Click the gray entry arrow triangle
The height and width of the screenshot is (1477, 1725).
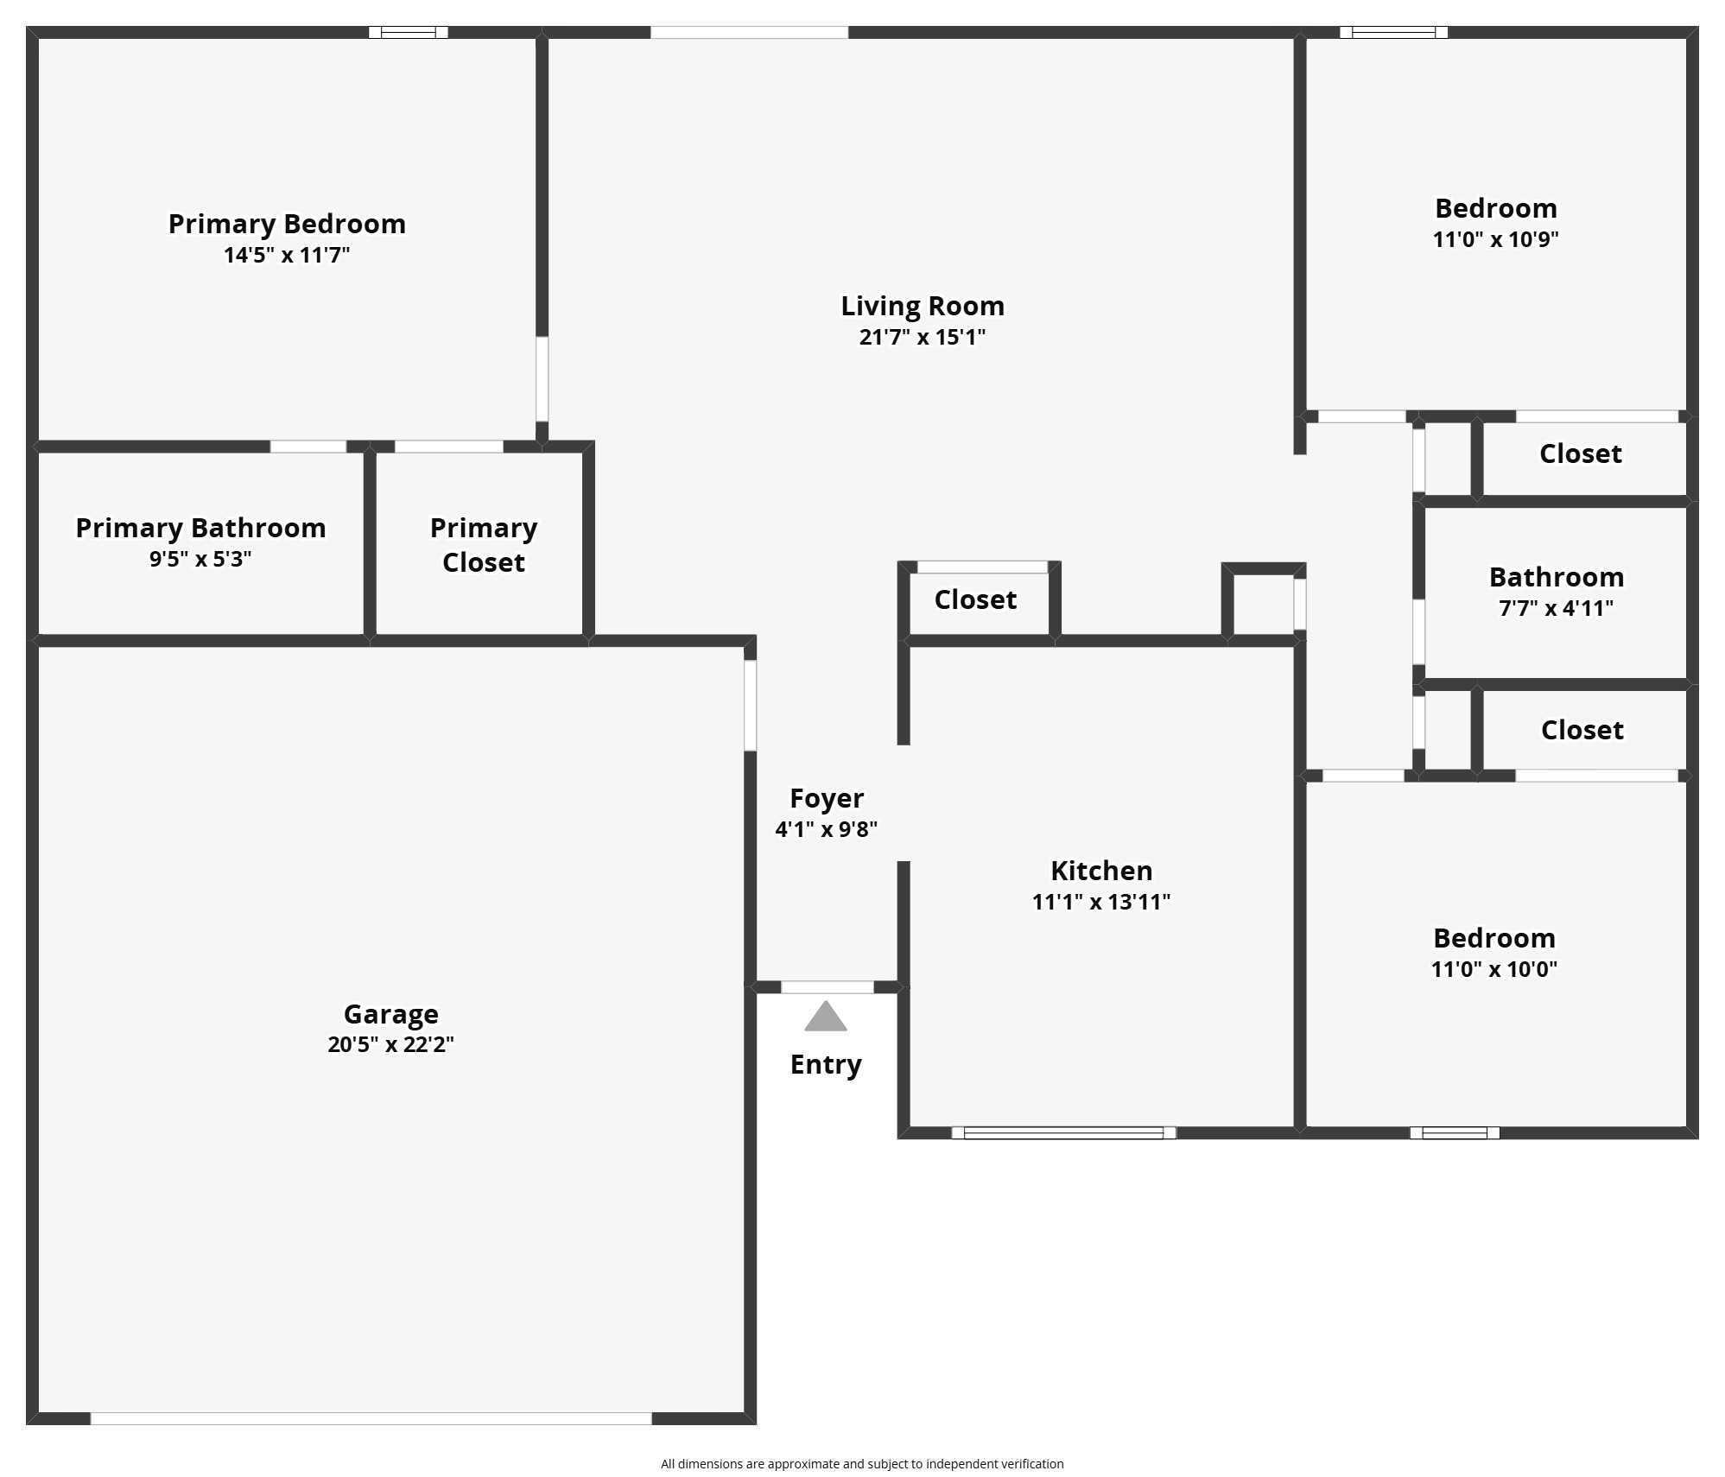[825, 1017]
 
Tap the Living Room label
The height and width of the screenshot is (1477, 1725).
[923, 306]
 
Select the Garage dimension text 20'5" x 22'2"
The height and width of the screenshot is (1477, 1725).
[390, 1044]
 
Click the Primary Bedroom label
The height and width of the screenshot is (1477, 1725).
[287, 224]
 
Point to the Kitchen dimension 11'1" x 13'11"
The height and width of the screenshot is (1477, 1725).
[1101, 902]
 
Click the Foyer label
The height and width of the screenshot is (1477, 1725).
[827, 799]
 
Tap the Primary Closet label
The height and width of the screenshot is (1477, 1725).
[484, 545]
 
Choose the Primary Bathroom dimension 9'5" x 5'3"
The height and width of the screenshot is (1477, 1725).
[200, 559]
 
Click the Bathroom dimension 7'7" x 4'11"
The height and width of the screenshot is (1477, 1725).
[1556, 608]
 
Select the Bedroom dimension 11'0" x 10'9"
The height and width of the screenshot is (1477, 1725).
[1495, 239]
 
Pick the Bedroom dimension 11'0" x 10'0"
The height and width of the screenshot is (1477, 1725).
[1494, 969]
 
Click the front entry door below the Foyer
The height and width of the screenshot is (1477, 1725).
[828, 987]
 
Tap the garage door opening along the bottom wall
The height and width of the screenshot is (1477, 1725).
[371, 1418]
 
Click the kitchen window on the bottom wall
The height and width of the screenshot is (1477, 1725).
[1063, 1132]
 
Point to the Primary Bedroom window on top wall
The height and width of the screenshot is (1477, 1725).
[409, 33]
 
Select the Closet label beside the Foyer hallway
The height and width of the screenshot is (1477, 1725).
[975, 599]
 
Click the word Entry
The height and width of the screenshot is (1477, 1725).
[826, 1065]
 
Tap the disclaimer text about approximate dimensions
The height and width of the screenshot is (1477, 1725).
[862, 1463]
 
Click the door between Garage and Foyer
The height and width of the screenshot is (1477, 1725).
[751, 706]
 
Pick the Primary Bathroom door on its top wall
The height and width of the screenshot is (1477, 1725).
[308, 447]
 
